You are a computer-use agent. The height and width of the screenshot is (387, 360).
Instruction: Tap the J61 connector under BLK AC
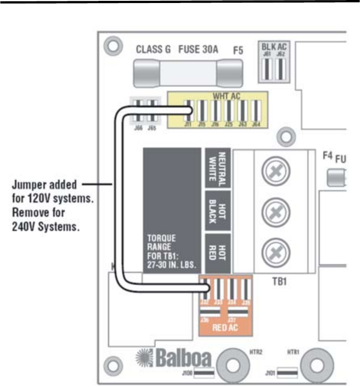click(267, 68)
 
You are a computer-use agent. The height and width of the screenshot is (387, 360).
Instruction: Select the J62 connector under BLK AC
click(280, 68)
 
